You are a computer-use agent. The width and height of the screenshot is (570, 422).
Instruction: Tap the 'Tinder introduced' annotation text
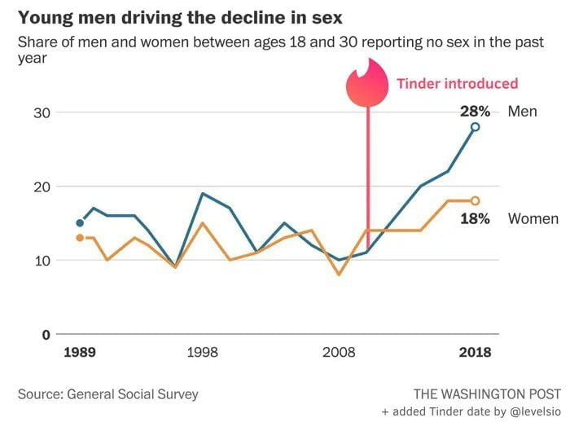[457, 83]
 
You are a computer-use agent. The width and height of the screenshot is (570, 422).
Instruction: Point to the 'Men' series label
[522, 111]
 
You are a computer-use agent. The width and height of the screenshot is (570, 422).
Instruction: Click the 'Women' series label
[533, 218]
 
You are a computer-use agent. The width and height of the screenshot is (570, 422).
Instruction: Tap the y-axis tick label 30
[42, 112]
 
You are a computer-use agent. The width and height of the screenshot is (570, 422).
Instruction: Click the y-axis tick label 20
[42, 187]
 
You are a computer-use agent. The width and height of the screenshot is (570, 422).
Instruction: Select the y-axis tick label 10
[42, 261]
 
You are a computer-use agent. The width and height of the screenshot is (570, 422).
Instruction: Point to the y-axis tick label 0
[46, 335]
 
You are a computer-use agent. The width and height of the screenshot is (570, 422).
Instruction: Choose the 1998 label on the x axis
[202, 353]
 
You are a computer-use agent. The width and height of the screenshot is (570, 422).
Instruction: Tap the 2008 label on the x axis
[339, 353]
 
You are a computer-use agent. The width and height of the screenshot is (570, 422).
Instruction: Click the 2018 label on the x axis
[475, 353]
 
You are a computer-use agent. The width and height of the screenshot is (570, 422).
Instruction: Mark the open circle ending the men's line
[475, 127]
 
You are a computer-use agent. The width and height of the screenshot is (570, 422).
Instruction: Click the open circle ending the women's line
[475, 200]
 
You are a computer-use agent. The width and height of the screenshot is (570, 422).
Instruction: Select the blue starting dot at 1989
[80, 222]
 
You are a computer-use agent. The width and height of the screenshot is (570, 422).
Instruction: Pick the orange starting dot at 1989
[80, 237]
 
